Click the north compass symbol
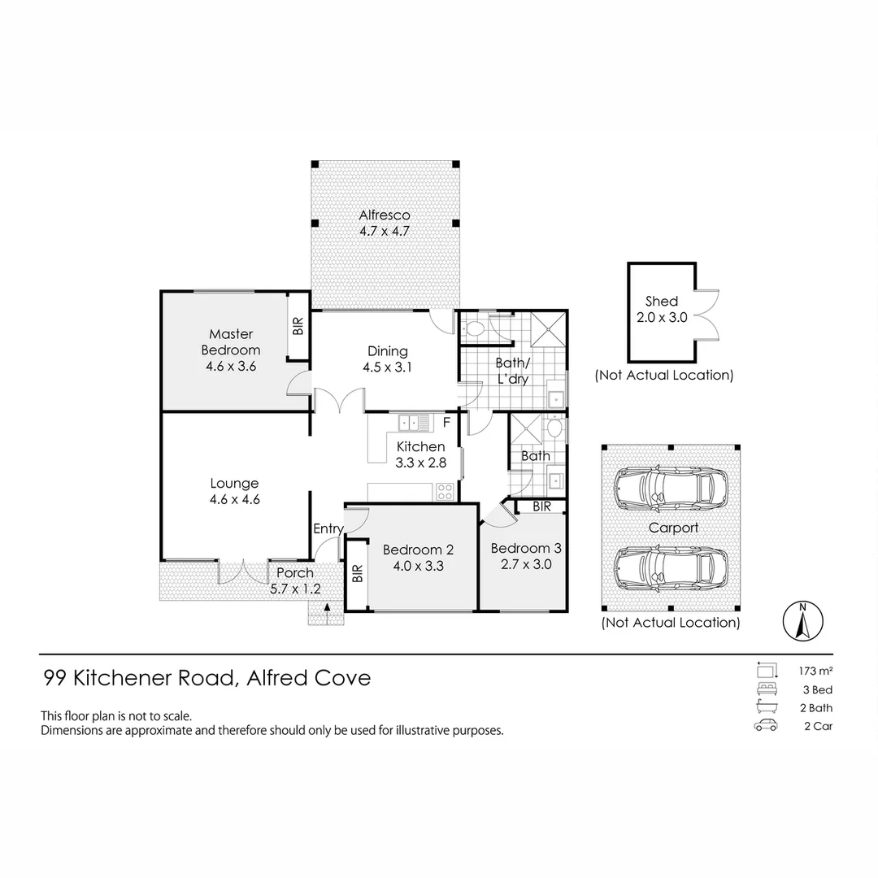point(802,621)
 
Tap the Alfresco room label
point(385,215)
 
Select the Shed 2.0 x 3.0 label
point(662,309)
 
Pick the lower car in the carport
point(670,568)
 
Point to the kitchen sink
point(414,422)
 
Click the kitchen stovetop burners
point(445,492)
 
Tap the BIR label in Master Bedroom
point(298,326)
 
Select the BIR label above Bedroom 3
point(542,506)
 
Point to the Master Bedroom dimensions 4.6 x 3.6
point(231,366)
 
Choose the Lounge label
point(235,483)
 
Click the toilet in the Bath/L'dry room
point(475,328)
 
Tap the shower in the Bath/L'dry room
point(548,330)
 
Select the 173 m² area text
point(816,670)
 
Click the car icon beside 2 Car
point(766,726)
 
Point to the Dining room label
point(388,351)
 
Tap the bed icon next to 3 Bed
point(767,689)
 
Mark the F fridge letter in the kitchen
point(447,422)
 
